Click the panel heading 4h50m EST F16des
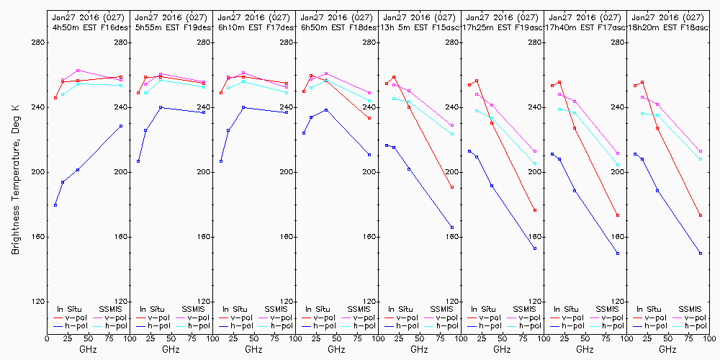click(89, 27)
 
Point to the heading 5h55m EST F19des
click(171, 27)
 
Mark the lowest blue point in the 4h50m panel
click(55, 205)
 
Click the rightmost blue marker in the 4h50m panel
click(121, 125)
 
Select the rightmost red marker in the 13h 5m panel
click(452, 187)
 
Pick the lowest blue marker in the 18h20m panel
click(701, 253)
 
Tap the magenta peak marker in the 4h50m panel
click(78, 71)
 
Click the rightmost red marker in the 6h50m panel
click(369, 117)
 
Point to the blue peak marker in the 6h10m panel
click(243, 107)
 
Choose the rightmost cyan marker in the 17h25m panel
click(535, 163)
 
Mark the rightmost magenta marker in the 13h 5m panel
click(452, 125)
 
